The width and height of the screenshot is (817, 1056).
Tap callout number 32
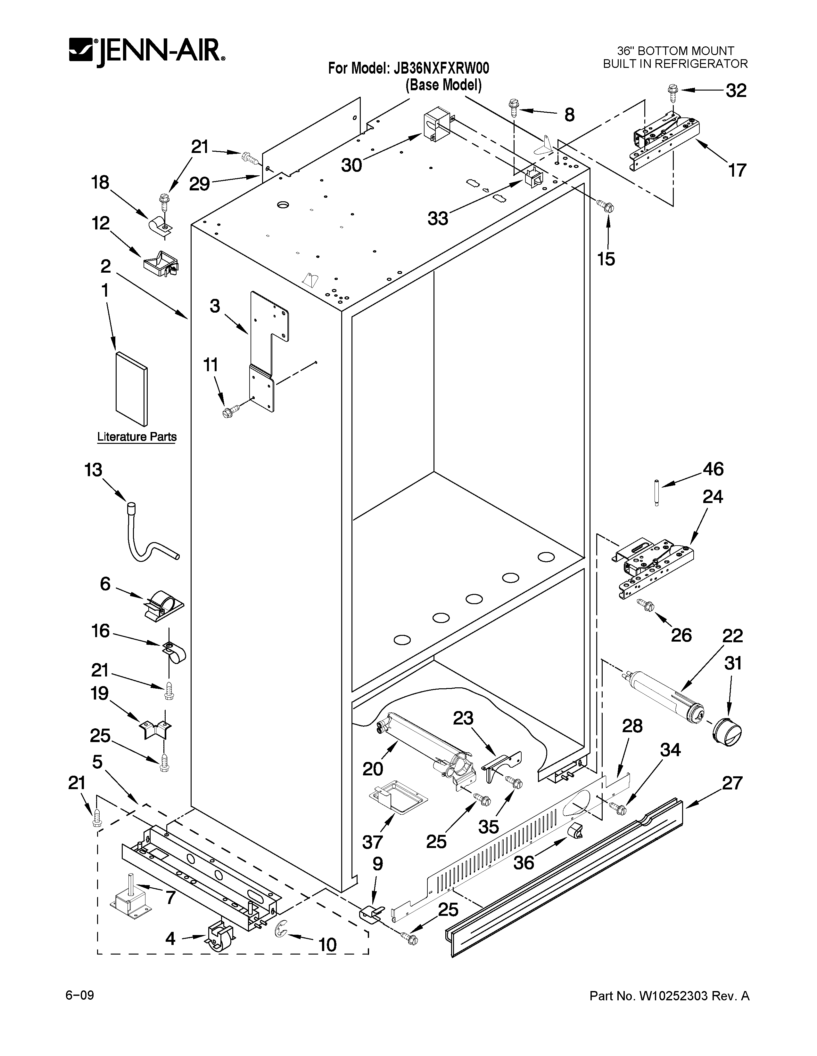pos(736,91)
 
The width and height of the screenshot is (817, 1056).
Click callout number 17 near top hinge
pos(737,170)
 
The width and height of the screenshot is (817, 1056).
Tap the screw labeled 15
pos(606,206)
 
